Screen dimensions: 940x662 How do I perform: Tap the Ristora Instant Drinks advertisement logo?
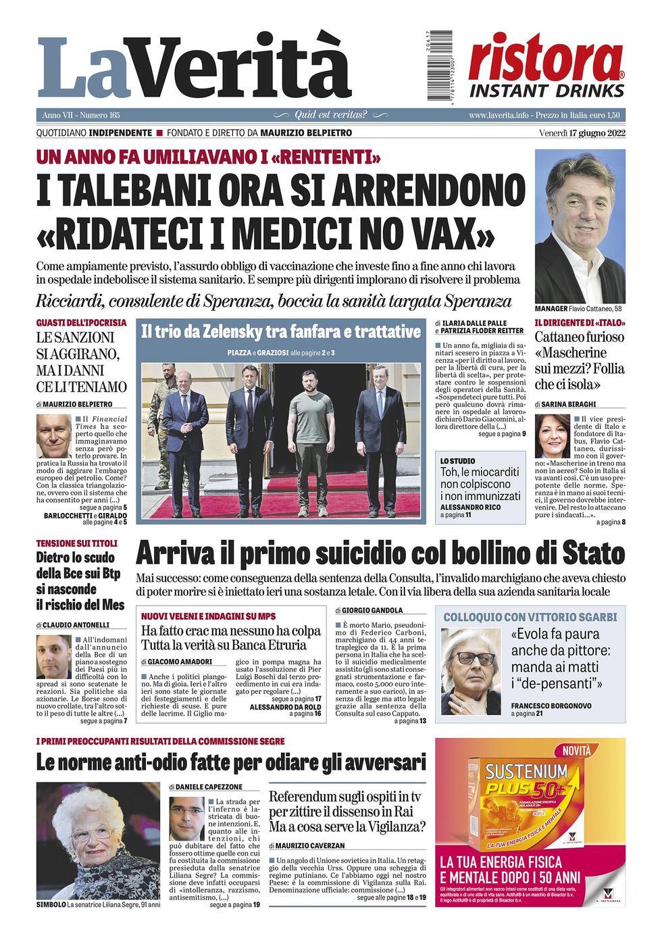pos(546,66)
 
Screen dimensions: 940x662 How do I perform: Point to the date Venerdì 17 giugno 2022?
pos(582,132)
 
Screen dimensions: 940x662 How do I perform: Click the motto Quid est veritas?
pos(330,115)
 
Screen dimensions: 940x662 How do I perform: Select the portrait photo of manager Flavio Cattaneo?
pos(580,226)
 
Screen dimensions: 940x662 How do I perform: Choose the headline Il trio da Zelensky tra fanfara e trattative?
pos(281,332)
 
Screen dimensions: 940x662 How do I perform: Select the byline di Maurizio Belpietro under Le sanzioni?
pos(74,404)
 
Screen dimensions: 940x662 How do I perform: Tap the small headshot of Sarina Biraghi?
pos(552,436)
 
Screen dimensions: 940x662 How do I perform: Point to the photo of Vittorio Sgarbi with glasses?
pos(471,670)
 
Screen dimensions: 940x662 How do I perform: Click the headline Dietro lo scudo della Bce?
pos(80,580)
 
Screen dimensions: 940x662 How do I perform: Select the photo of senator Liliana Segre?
pos(97,841)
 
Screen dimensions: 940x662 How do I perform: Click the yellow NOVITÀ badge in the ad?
pos(576,751)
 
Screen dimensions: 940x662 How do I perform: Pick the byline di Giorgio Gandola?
pos(368,610)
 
